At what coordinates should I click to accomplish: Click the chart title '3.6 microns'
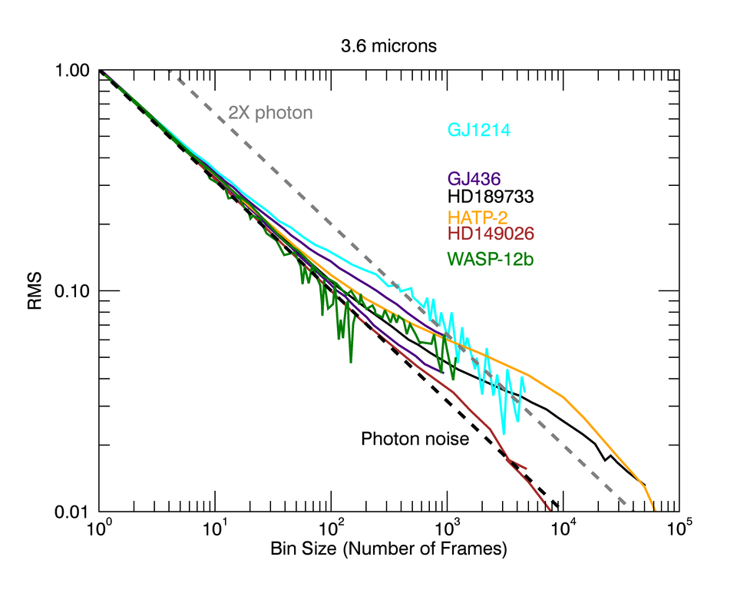coord(388,46)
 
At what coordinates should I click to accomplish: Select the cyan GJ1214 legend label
coord(480,131)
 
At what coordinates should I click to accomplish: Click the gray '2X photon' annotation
coord(270,113)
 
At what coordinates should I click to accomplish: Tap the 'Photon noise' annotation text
coord(415,439)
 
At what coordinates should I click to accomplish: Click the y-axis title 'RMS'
coord(35,290)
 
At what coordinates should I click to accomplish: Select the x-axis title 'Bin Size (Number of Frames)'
coord(388,550)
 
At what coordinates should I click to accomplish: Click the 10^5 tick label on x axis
coord(679,530)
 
